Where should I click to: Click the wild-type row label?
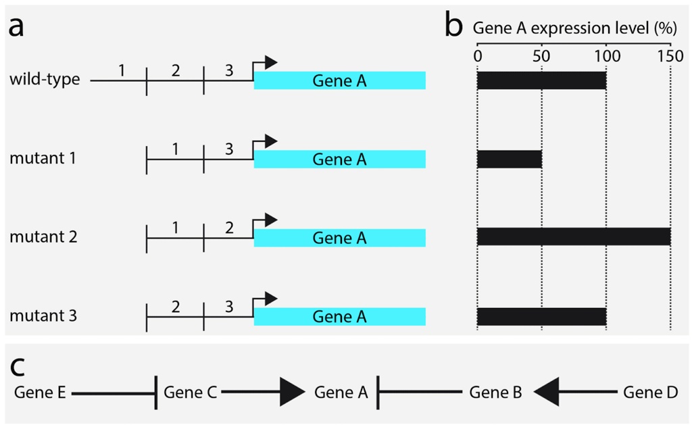coord(45,80)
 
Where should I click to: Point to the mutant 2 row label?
coord(43,237)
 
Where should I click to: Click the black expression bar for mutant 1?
coord(510,159)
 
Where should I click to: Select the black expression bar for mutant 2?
coord(574,237)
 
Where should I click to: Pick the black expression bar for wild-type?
coord(541,80)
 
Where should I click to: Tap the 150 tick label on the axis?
coord(670,55)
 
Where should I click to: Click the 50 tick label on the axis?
coord(541,55)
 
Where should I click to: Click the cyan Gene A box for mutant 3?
coord(339,316)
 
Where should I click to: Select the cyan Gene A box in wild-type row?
coord(339,80)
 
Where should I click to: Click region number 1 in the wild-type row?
coord(121,70)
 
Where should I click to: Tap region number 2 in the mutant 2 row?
coord(229,228)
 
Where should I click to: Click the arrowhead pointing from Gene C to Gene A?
coord(292,392)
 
